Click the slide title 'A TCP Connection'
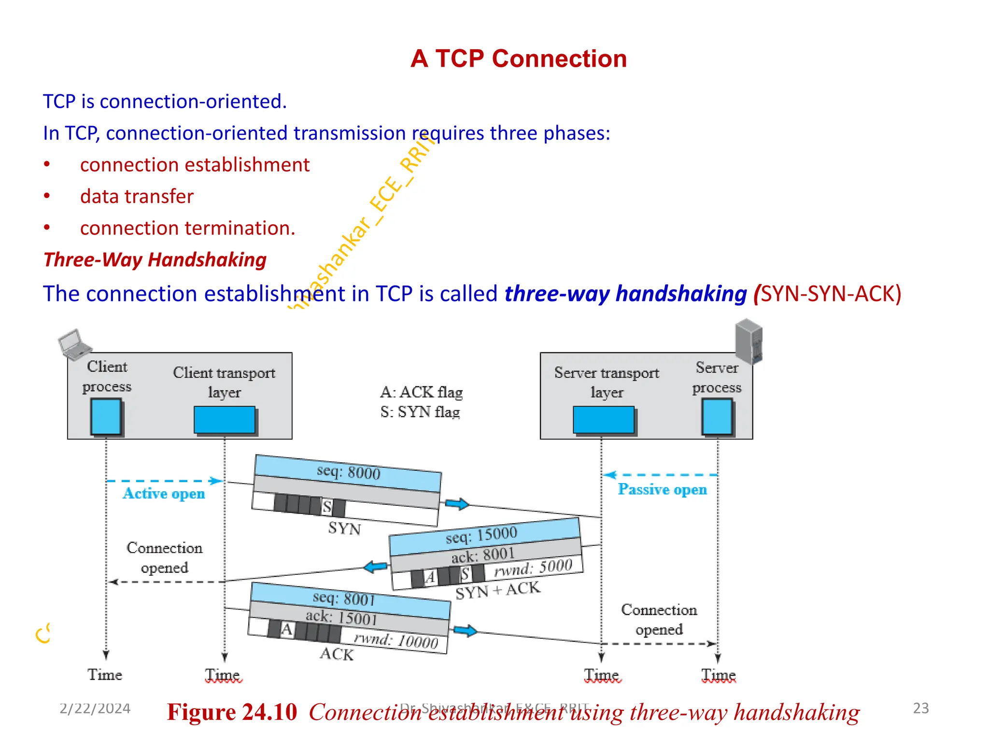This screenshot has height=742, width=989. pos(519,59)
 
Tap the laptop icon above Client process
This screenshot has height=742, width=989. pos(74,344)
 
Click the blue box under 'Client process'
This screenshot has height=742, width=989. pos(106,416)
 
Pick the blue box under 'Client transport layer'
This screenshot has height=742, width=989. pos(225,419)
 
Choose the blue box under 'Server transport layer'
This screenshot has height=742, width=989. pos(604,419)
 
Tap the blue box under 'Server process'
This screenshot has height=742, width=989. pos(717,416)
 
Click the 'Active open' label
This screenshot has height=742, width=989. pos(164,493)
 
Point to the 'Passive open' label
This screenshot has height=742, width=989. pos(662,489)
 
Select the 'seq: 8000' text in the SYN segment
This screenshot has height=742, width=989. pos(348,471)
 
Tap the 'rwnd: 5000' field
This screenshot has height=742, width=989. pos(533,568)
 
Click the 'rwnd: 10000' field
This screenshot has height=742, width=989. pos(396,641)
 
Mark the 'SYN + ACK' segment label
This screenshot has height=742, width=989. pos(498,590)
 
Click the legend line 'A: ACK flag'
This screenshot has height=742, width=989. pos(421,392)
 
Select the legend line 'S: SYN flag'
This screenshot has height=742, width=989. pos(420,412)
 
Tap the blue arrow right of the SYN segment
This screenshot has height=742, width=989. pos(456,504)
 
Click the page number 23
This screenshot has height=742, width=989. pos(920,708)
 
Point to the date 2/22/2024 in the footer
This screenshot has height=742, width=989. pos(95,709)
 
